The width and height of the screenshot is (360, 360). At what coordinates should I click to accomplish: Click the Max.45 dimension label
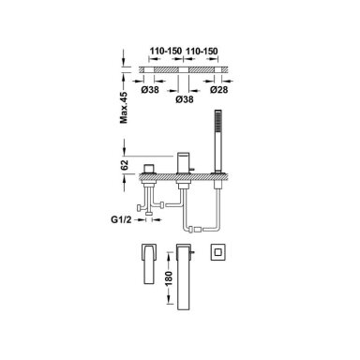coord(124,108)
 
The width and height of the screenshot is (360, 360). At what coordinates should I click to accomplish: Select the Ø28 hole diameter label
coord(218,90)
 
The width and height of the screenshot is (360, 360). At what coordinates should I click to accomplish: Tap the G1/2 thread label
coord(121,219)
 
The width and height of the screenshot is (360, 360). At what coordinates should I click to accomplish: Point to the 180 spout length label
coord(169,278)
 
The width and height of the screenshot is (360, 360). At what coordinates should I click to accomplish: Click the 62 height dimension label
coord(125,165)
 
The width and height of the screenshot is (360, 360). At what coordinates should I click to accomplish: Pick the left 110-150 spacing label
coord(166,51)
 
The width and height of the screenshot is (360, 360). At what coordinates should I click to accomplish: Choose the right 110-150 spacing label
coord(202,51)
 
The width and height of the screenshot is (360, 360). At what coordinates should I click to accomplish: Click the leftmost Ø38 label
coord(150,90)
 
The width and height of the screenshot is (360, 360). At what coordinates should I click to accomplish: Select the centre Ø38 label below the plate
coord(185,99)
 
